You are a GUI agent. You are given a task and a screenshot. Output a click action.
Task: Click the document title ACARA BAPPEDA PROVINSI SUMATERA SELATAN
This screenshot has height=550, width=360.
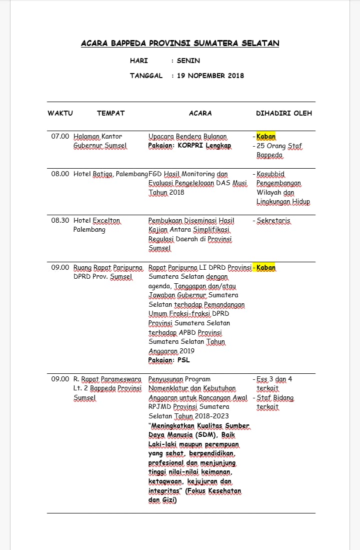point(180,44)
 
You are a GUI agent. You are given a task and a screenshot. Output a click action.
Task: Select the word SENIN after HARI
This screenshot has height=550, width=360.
point(188,61)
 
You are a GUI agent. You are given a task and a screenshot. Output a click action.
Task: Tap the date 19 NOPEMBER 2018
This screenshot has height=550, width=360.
point(210,76)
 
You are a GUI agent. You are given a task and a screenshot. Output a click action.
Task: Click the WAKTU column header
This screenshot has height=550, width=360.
point(60,113)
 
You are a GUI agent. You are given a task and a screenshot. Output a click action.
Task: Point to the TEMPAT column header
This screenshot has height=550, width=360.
point(110,113)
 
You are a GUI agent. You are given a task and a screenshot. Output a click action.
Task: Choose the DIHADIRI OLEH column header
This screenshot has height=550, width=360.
point(283,113)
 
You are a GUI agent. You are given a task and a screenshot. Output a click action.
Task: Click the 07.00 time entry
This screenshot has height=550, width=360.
point(60,136)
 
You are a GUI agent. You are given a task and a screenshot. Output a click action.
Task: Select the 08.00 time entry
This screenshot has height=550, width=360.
point(60,174)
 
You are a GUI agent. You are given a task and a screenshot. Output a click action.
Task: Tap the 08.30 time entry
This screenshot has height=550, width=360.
point(60,220)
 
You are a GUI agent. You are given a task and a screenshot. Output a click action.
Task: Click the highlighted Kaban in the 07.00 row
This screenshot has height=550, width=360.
point(266,136)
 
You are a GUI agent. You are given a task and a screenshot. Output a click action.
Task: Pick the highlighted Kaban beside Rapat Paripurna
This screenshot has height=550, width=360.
point(266,268)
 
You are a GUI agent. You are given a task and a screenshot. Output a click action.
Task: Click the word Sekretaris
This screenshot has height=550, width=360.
point(273,220)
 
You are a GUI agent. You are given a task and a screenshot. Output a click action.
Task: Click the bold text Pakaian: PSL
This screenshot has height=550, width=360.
point(169,360)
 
